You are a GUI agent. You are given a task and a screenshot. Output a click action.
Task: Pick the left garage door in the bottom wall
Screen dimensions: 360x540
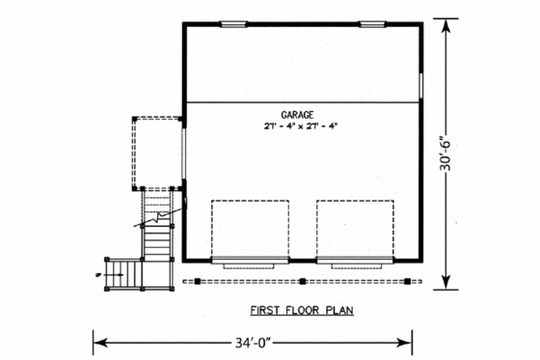[x=249, y=261]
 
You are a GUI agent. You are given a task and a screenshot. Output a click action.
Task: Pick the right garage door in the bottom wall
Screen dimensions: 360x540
[x=355, y=261]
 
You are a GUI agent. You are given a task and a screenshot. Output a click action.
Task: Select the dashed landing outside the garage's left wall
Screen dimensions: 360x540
[x=156, y=152]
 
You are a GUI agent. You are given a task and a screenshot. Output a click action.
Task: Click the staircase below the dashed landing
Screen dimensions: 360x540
[x=157, y=224]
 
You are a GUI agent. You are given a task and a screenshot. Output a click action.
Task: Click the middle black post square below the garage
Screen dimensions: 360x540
[x=302, y=281]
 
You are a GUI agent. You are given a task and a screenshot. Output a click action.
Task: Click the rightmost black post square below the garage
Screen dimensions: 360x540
[x=407, y=281]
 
